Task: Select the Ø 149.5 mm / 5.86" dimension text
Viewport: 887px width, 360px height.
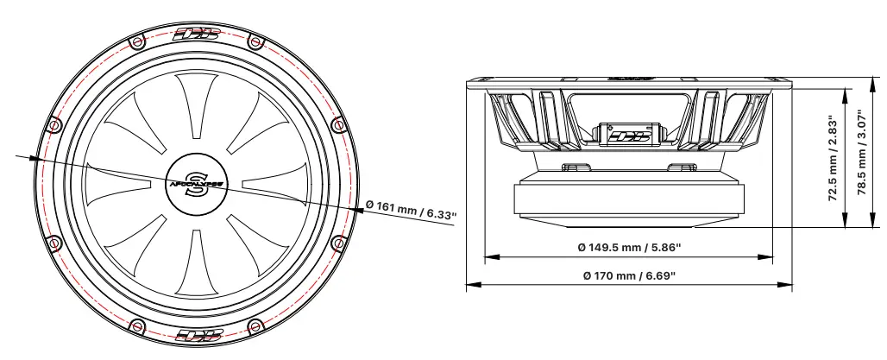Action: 629,248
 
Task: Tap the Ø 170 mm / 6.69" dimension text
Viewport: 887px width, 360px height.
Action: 629,275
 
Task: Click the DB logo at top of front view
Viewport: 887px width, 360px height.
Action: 197,35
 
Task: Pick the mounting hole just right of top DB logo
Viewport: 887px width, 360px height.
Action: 254,41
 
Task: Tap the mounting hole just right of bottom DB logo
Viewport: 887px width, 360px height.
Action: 255,326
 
